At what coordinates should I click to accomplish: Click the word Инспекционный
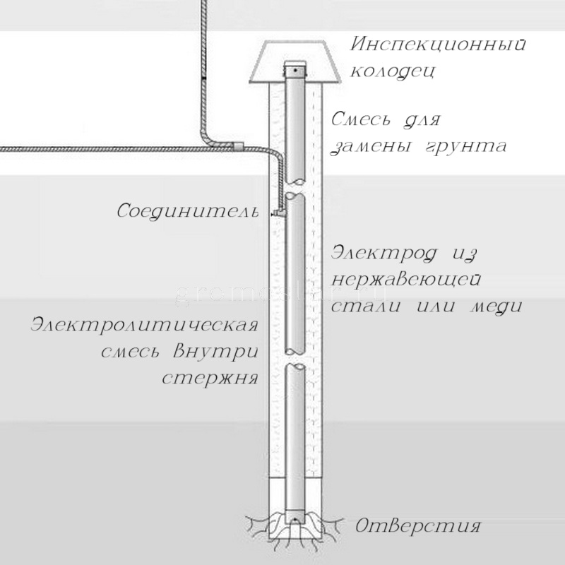(x=439, y=47)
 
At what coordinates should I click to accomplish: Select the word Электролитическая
(x=142, y=326)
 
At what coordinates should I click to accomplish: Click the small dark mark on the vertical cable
(x=203, y=75)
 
